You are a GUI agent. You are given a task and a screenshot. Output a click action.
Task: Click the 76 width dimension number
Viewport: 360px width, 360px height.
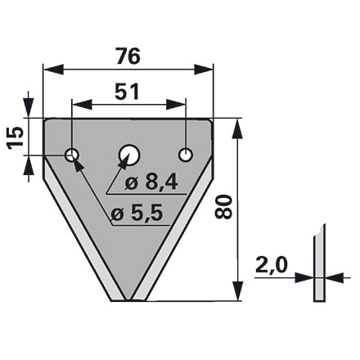pyautogui.click(x=128, y=56)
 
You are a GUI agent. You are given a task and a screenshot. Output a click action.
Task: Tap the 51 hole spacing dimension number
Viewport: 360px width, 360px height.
pyautogui.click(x=127, y=92)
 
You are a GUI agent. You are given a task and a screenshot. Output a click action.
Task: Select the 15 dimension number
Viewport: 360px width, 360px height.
pyautogui.click(x=16, y=137)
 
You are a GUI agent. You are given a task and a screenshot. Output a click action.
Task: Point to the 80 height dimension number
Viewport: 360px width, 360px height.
pyautogui.click(x=223, y=207)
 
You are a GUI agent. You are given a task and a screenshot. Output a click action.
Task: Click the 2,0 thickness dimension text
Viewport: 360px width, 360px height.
pyautogui.click(x=272, y=265)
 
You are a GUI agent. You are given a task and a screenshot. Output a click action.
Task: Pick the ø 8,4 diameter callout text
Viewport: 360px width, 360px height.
pyautogui.click(x=151, y=182)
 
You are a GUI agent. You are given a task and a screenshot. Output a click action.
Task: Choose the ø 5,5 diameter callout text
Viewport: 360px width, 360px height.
pyautogui.click(x=137, y=214)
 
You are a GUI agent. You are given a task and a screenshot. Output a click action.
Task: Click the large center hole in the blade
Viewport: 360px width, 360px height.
pyautogui.click(x=129, y=155)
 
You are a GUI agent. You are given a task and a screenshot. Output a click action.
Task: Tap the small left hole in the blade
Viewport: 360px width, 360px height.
pyautogui.click(x=72, y=155)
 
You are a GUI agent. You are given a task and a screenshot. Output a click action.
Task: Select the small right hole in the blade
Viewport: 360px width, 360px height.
pyautogui.click(x=186, y=155)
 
